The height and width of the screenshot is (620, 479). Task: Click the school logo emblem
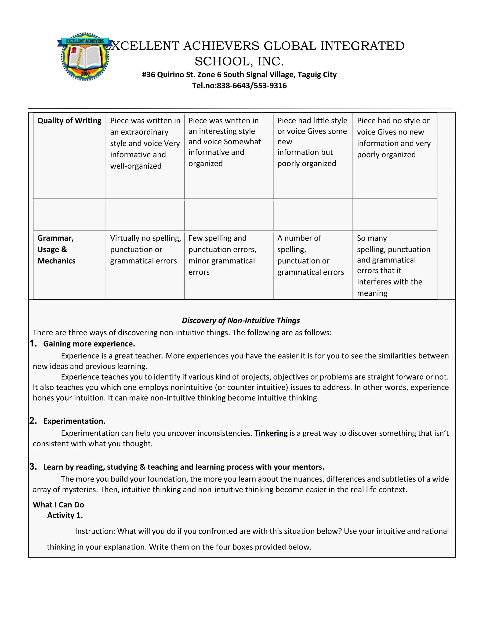pos(85,56)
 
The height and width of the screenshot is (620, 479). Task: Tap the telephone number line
pos(239,85)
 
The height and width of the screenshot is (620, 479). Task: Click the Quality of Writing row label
pos(69,121)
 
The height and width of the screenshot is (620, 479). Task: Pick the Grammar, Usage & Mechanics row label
pos(56,249)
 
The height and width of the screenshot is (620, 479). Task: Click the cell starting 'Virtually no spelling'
pos(145,249)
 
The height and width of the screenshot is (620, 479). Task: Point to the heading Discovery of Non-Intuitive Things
pos(241,321)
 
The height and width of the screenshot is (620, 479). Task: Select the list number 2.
pos(33,421)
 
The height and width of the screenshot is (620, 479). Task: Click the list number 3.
pos(33,467)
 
